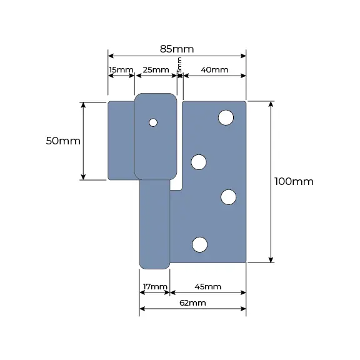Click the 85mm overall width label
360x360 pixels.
point(177,49)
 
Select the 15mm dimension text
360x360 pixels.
point(121,69)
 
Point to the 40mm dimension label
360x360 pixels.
point(215,69)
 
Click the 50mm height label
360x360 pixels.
point(63,141)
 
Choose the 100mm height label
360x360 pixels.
point(294,181)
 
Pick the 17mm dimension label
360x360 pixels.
point(154,287)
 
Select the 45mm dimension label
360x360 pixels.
point(207,287)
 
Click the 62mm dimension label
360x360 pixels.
point(192,302)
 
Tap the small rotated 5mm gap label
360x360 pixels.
point(179,64)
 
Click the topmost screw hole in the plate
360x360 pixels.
point(226,117)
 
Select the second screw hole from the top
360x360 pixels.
point(198,162)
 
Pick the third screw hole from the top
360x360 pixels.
point(229,197)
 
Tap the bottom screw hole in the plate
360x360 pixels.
point(199,244)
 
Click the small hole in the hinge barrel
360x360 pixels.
point(153,122)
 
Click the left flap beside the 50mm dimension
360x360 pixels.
point(121,141)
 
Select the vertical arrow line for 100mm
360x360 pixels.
point(271,181)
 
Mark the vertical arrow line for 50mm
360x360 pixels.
point(84,141)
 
